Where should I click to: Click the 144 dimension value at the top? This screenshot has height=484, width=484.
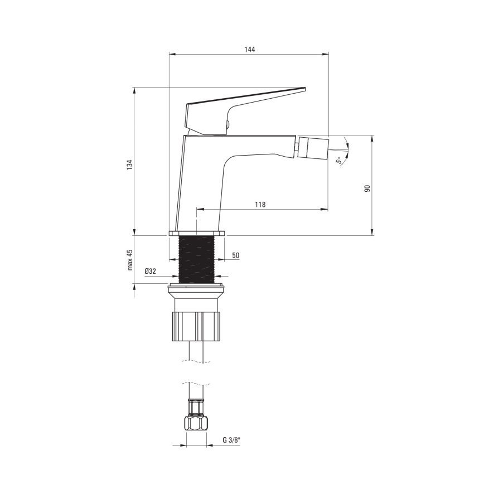point(249,50)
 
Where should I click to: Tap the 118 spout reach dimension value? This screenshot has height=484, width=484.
point(260,205)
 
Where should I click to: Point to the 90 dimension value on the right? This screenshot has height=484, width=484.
point(367,188)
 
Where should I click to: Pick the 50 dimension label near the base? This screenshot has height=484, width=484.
point(235,255)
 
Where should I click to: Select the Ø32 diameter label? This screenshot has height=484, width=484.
point(151,271)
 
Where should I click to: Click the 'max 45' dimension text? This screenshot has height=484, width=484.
point(129,260)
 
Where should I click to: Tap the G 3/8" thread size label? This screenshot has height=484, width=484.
point(231,441)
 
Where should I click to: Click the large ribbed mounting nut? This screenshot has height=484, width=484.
point(196,326)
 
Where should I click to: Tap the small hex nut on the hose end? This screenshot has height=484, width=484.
point(196,423)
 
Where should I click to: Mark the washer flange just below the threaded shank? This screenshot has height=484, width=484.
point(196,288)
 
